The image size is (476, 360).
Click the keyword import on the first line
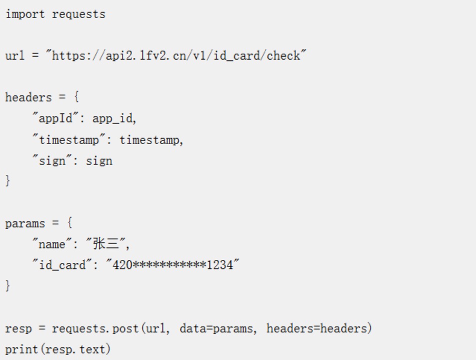[25, 14]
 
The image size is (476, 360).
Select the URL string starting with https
[176, 55]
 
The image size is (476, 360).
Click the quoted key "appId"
[55, 118]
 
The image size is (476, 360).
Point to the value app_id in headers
[113, 118]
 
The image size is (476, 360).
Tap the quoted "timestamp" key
[69, 139]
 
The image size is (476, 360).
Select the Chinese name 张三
[105, 243]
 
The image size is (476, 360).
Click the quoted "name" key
[52, 243]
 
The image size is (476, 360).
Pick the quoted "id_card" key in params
[62, 264]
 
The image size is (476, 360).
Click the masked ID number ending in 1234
[172, 264]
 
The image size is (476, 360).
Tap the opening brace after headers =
[76, 97]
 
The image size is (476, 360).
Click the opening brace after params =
[69, 223]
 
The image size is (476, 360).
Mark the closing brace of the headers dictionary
[8, 181]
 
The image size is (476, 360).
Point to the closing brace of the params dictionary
[8, 285]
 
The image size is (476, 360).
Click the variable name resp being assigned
[18, 328]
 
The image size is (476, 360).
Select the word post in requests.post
[125, 328]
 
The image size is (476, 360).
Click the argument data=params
[216, 328]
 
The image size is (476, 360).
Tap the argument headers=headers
[316, 328]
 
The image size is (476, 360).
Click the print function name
[21, 349]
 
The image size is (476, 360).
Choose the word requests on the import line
[78, 14]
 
